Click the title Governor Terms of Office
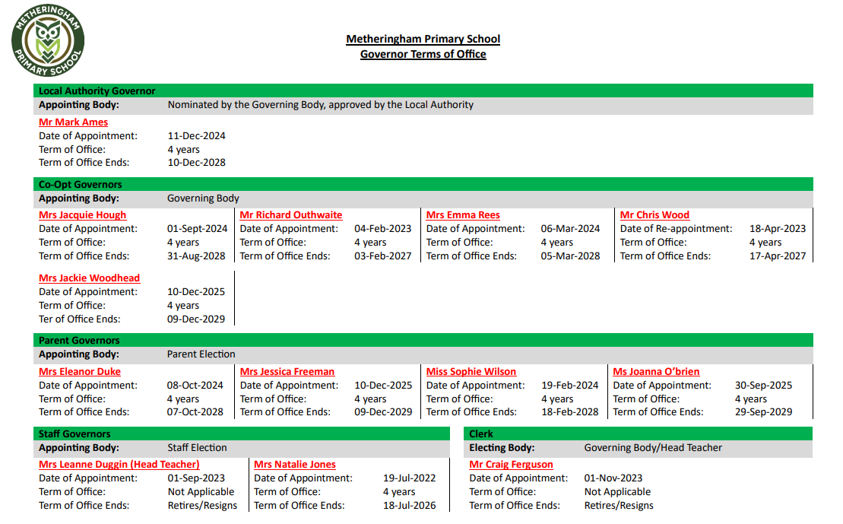423,54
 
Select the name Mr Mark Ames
74,122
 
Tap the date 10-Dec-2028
196,162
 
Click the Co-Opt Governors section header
81,184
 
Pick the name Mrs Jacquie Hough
83,215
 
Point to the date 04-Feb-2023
382,228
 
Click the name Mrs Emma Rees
463,215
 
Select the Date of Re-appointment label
676,228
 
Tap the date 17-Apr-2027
778,256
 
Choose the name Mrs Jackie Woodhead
90,278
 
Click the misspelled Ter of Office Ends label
80,319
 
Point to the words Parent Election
201,354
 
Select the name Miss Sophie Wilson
471,372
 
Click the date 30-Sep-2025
763,385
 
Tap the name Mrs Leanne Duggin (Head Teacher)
119,465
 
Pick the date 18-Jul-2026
409,505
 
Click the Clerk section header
481,433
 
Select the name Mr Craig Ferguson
511,465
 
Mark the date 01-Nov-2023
613,478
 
